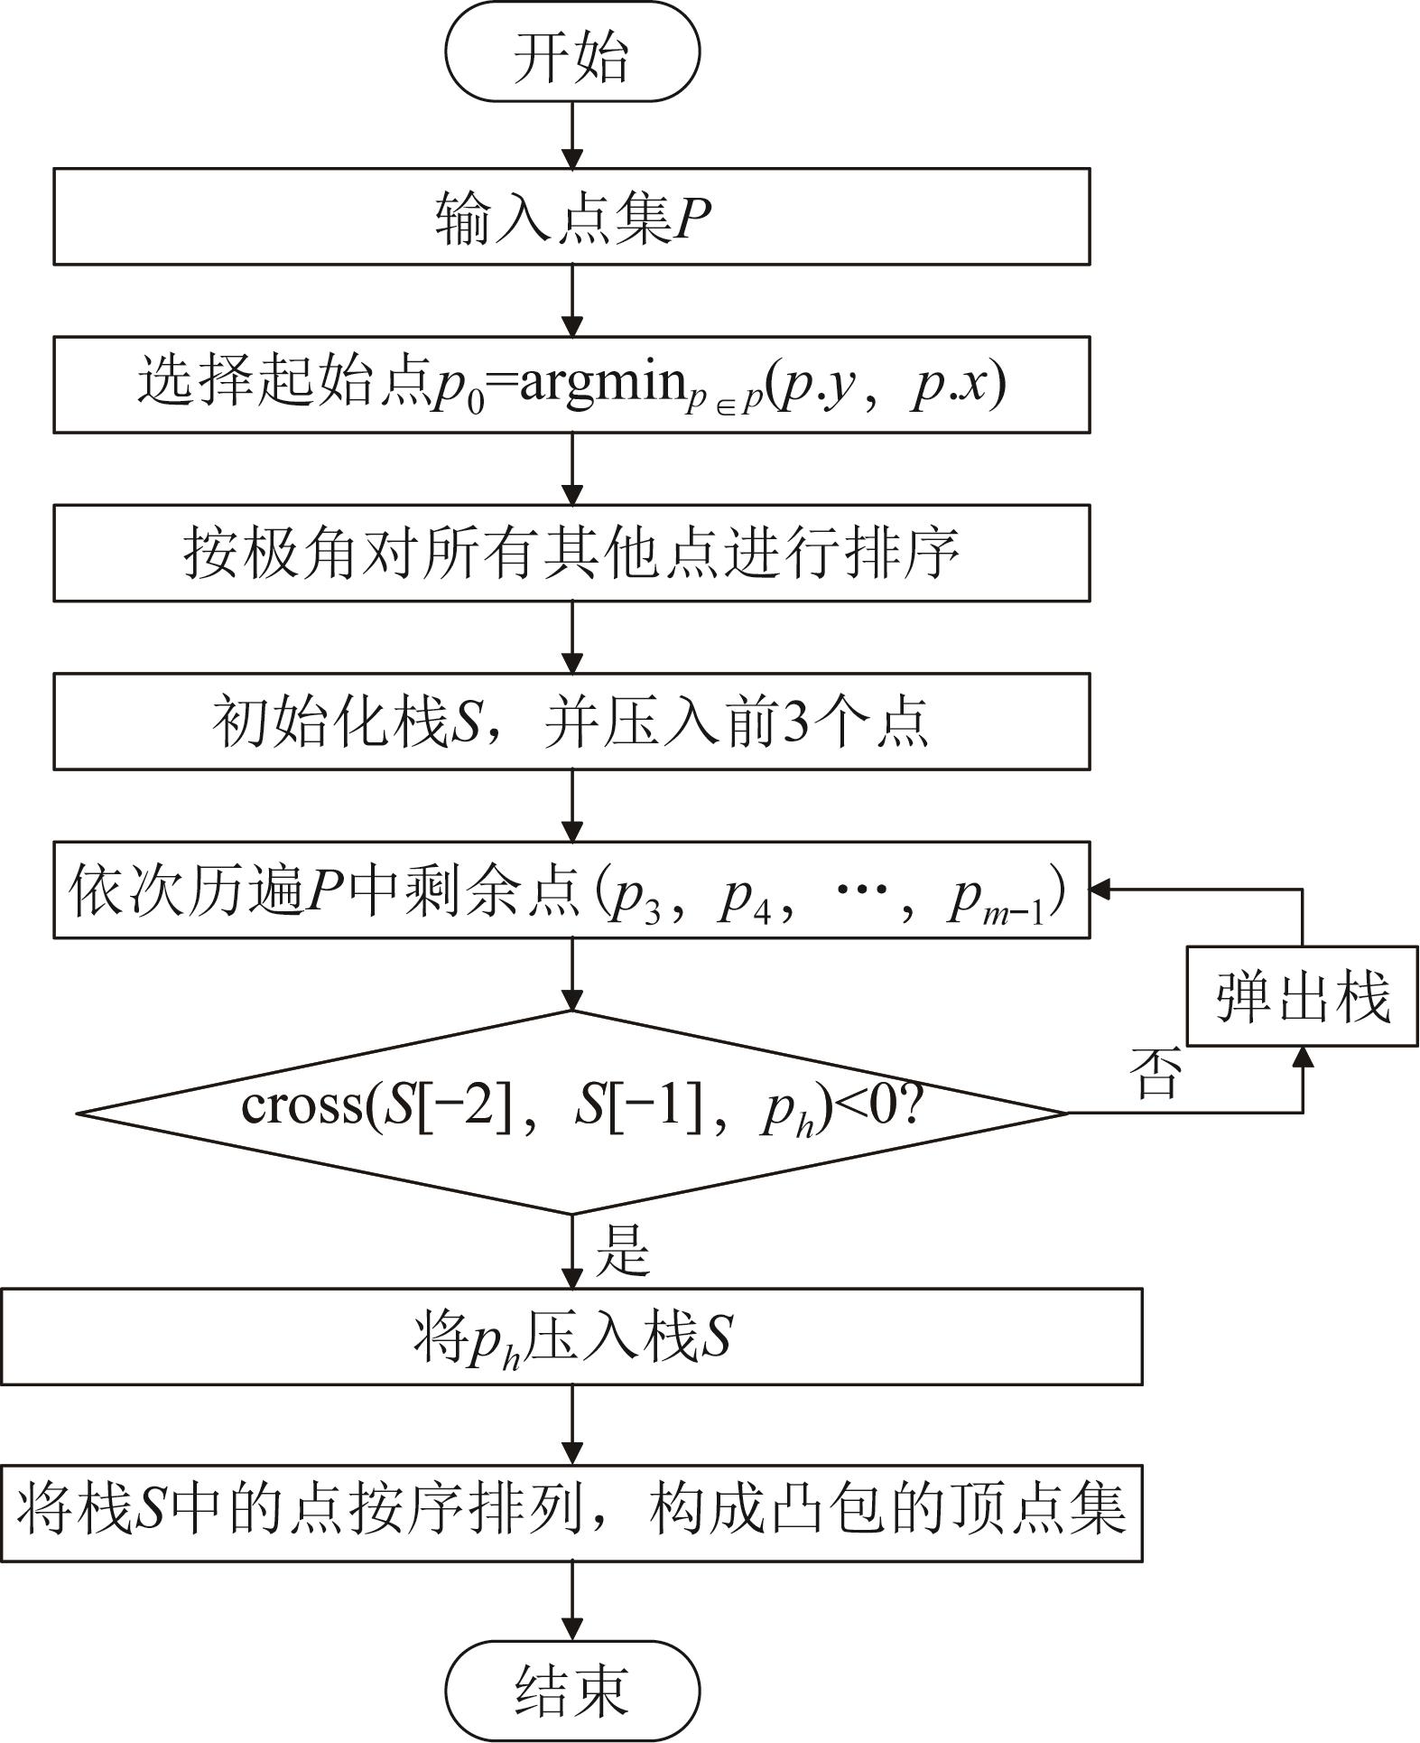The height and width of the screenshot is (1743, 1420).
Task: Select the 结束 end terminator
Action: (x=572, y=1690)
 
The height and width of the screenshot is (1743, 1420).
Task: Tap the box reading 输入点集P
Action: (x=571, y=217)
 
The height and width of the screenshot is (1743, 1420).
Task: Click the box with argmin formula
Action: (x=571, y=385)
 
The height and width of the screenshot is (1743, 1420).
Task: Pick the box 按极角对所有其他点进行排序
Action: (x=571, y=553)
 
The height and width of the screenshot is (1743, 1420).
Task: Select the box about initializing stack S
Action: (x=571, y=721)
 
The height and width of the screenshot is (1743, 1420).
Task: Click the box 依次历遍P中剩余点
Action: (x=571, y=890)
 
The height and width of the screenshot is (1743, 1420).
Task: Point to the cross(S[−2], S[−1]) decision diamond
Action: (x=572, y=1112)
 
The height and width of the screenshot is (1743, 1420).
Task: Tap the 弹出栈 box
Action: (x=1302, y=996)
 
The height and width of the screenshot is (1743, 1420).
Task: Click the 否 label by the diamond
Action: (x=1155, y=1074)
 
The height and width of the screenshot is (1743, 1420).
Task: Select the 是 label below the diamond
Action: (x=623, y=1251)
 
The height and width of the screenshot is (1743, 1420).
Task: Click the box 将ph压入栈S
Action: (x=571, y=1338)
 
